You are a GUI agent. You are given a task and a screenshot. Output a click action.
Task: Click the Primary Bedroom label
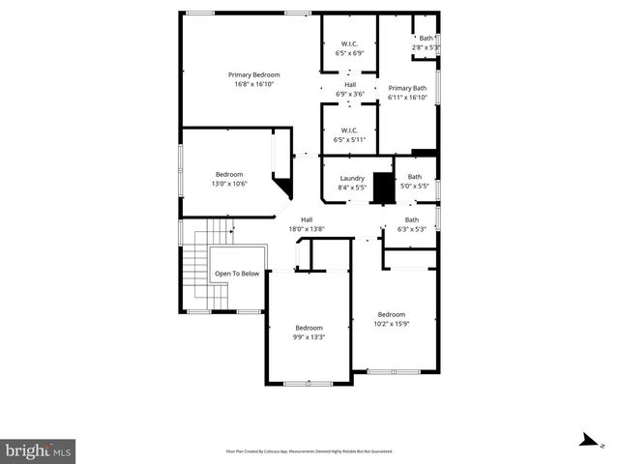(253, 79)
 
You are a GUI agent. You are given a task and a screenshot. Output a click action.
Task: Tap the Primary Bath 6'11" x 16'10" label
(407, 92)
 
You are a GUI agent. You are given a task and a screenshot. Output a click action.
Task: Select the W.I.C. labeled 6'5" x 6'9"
(349, 48)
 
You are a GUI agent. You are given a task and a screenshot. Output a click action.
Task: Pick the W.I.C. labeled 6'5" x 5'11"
(349, 134)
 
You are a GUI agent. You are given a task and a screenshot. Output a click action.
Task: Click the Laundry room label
(351, 182)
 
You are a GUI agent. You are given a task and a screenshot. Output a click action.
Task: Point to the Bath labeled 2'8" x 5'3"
(426, 43)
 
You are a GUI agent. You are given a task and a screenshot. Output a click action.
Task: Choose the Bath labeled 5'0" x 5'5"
(415, 181)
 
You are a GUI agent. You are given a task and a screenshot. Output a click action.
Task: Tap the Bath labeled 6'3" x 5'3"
(412, 224)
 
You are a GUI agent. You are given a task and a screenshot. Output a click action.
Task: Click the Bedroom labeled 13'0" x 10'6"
(229, 179)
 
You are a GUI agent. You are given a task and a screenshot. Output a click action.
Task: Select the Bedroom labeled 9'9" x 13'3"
(309, 333)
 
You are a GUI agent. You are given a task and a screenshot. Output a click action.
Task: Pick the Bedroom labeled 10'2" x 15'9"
(392, 319)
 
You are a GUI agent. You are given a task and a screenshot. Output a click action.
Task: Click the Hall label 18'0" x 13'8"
(307, 224)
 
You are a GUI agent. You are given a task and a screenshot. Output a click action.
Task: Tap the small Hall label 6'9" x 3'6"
(349, 90)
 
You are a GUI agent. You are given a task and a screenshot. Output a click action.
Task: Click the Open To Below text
(236, 274)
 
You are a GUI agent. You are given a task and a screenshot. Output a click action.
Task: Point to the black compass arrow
(585, 441)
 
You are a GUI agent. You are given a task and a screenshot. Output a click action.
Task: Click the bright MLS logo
(39, 450)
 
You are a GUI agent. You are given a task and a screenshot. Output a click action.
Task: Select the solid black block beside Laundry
(385, 187)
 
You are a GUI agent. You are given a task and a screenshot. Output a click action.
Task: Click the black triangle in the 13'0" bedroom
(283, 187)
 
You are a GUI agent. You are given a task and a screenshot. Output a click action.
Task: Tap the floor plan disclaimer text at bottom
(309, 451)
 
